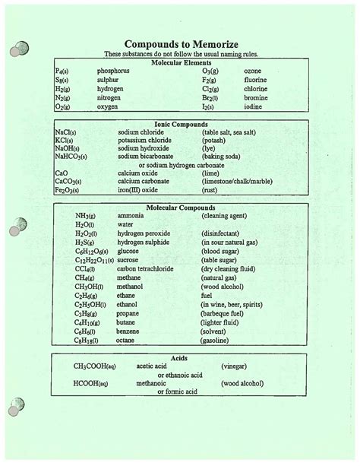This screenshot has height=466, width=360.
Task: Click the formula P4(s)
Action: click(x=63, y=71)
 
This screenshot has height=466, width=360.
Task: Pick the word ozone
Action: click(x=252, y=71)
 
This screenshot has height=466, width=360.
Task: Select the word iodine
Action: click(x=254, y=107)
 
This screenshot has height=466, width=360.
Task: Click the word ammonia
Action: click(x=131, y=216)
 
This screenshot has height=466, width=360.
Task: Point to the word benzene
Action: click(x=130, y=331)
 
